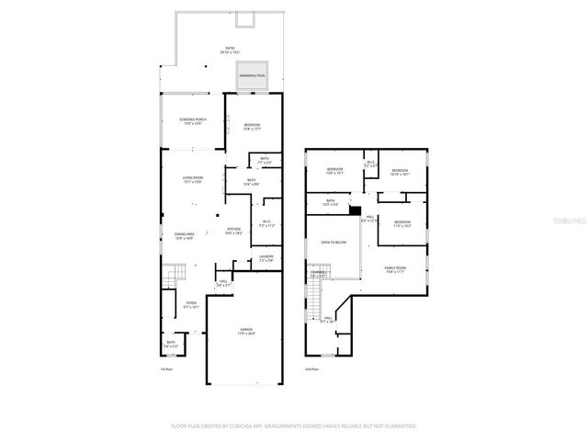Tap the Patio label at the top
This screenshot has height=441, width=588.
[229, 50]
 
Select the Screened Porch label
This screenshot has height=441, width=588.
[193, 121]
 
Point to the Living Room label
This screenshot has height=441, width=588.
[192, 179]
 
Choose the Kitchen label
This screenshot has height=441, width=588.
[234, 231]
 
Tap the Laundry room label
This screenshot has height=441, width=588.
[266, 258]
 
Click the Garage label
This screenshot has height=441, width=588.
[246, 331]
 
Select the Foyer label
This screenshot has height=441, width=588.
[191, 305]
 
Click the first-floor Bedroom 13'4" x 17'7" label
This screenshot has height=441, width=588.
[252, 126]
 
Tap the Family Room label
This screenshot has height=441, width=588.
[396, 268]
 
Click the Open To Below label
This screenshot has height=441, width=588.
[334, 242]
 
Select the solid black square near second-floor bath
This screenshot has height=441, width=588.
[354, 209]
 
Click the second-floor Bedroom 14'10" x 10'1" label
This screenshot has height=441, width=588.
[400, 172]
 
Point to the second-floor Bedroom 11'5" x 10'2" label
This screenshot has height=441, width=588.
[402, 223]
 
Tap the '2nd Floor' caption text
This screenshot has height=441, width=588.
[311, 368]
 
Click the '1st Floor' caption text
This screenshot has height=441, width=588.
[165, 368]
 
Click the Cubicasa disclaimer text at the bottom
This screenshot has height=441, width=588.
[294, 425]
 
